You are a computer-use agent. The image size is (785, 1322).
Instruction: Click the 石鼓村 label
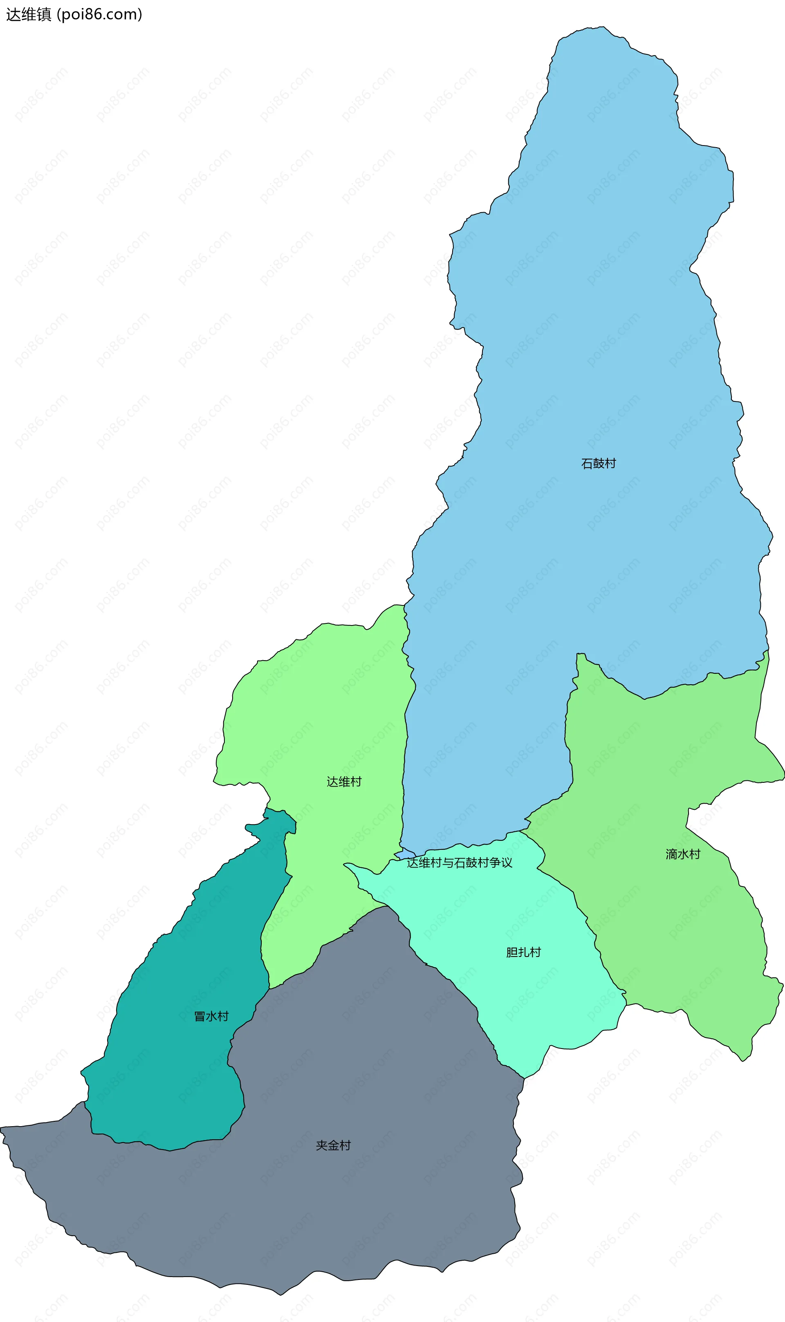pyautogui.click(x=598, y=464)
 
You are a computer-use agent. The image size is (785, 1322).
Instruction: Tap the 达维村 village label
pyautogui.click(x=344, y=782)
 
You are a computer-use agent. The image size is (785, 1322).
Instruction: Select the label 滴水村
pyautogui.click(x=682, y=854)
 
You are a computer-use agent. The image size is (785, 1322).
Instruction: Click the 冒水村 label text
pyautogui.click(x=211, y=1016)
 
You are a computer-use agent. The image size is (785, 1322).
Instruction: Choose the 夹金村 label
pyautogui.click(x=333, y=1145)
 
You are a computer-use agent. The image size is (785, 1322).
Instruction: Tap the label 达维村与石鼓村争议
pyautogui.click(x=459, y=863)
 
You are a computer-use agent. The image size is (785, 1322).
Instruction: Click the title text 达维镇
pyautogui.click(x=29, y=14)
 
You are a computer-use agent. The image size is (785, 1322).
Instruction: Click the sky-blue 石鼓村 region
pyautogui.click(x=582, y=317)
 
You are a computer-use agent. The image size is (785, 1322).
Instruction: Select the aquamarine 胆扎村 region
pyautogui.click(x=529, y=1005)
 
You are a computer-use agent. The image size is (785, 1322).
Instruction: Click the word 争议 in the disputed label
pyautogui.click(x=501, y=863)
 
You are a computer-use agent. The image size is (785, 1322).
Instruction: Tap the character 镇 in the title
pyautogui.click(x=43, y=14)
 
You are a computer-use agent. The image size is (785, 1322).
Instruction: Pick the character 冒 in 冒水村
pyautogui.click(x=200, y=1016)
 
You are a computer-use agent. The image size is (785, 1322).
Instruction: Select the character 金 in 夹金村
pyautogui.click(x=333, y=1145)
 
